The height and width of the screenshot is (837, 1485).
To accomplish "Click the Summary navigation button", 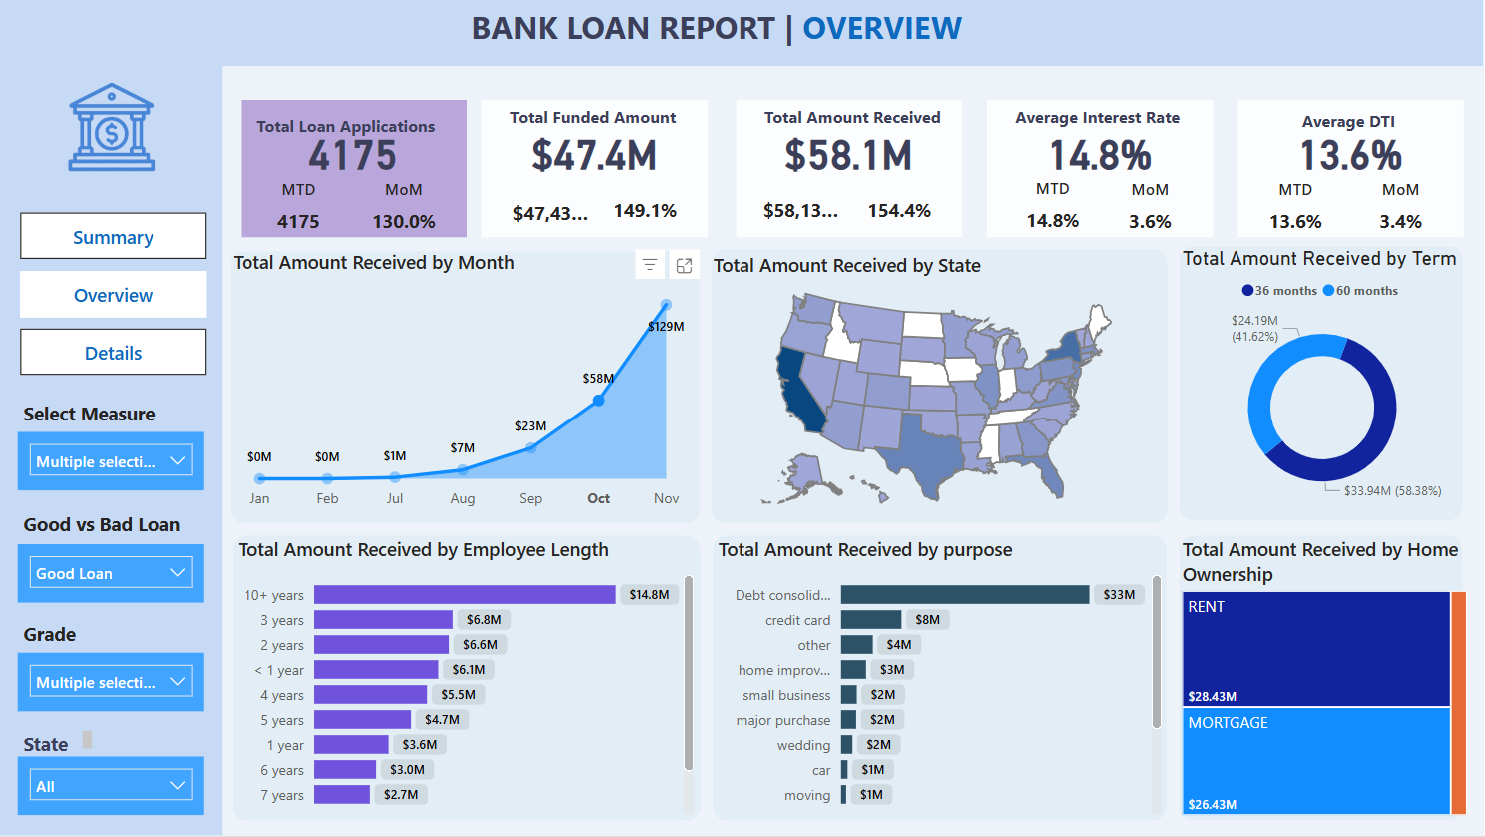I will coord(113,237).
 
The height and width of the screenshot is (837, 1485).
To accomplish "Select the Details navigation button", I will coord(113,353).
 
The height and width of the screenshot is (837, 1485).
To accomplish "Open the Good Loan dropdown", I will coord(111,573).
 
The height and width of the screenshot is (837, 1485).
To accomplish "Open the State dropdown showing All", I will coord(111,786).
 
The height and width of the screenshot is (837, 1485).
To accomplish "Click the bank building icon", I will coord(112,128).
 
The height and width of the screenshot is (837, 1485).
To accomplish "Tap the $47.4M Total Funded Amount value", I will coord(594,156).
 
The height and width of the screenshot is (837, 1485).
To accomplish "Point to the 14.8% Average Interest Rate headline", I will coord(1100,156).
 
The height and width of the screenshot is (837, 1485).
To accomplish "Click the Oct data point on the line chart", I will coord(598,401).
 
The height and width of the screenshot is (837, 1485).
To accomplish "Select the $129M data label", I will coord(666,327).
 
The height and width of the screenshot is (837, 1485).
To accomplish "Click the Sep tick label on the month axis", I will coord(530,498).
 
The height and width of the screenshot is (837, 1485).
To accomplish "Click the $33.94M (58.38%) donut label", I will coord(1392,491).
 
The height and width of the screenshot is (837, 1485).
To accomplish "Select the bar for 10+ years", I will coord(464,595).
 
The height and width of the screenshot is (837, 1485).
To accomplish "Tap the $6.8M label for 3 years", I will coord(484,620).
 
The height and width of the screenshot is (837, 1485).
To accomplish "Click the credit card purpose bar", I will coord(870,620).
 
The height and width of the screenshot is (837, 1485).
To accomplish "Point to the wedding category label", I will coord(803,745).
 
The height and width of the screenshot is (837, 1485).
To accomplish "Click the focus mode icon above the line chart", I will coord(685,265).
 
